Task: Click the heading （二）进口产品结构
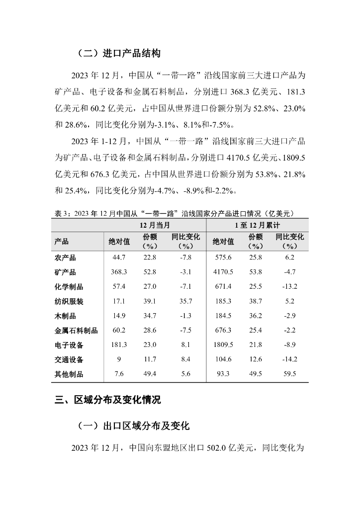tap(119, 53)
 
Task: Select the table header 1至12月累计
tap(257, 225)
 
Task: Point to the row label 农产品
tap(65, 257)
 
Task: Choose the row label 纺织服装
tap(69, 301)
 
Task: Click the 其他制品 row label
tap(69, 374)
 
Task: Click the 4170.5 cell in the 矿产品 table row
tap(223, 272)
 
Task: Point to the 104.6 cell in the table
tap(223, 359)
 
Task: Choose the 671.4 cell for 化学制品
tap(223, 287)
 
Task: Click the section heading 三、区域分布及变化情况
tap(108, 400)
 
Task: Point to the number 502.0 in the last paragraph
tap(217, 448)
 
